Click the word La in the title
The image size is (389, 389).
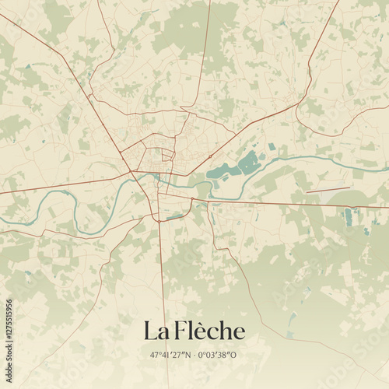154,331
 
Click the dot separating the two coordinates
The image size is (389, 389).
192,355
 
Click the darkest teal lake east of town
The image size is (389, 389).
248,163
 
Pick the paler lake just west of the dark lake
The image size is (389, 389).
223,170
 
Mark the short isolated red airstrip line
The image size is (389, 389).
328,189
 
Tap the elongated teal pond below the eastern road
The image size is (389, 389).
348,216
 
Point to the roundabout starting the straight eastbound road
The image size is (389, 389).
191,201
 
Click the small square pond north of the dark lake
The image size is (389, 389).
271,146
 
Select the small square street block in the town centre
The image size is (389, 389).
166,155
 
